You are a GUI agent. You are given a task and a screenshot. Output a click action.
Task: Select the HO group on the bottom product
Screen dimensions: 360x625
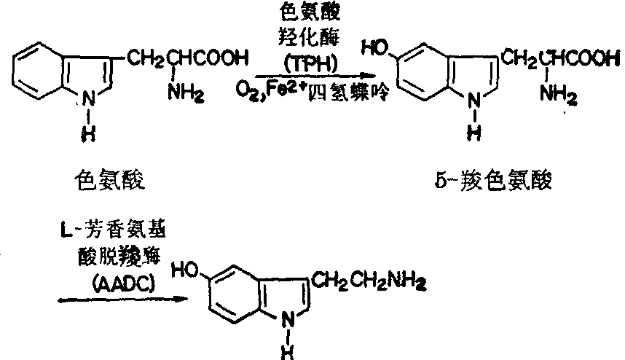click(185, 271)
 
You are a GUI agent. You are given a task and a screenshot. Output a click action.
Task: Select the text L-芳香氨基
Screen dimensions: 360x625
click(111, 232)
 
